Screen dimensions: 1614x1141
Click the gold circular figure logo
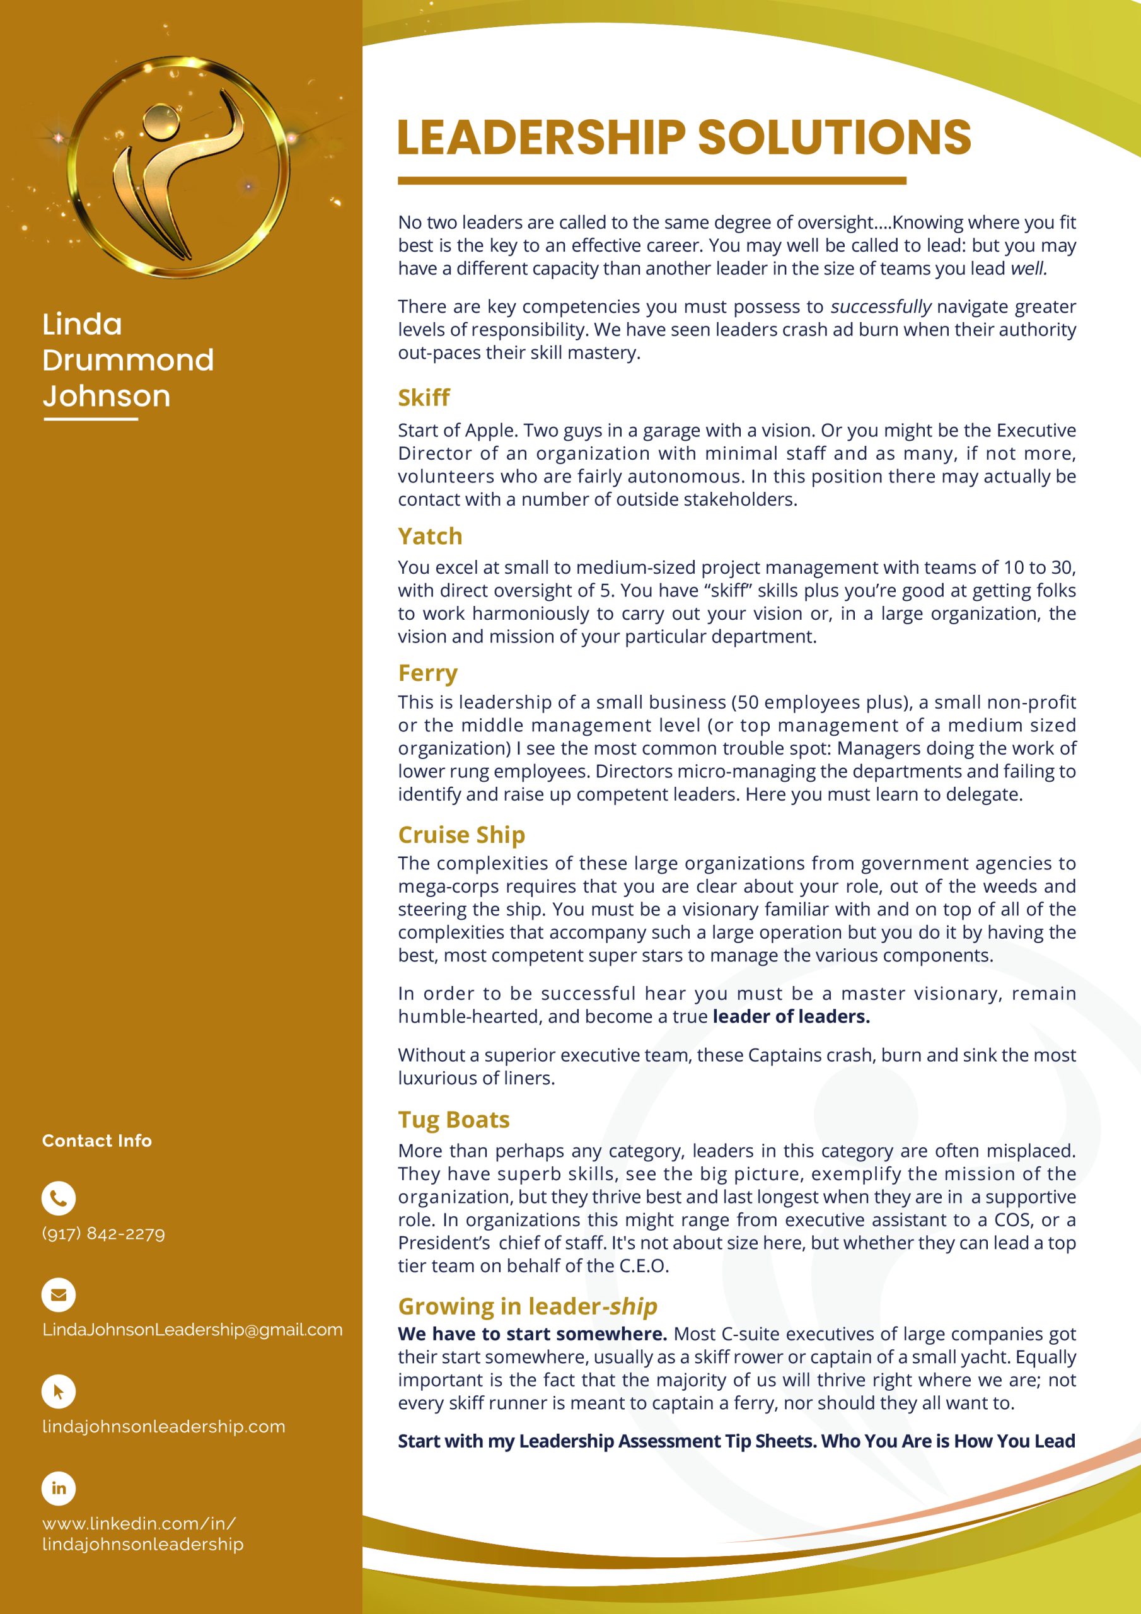click(x=178, y=167)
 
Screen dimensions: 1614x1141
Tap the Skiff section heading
click(x=423, y=398)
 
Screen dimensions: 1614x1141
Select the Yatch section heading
click(x=429, y=537)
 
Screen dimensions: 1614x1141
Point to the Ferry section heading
click(x=427, y=673)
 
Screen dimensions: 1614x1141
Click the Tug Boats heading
click(x=453, y=1119)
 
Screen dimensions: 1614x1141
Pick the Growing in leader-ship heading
click(x=527, y=1306)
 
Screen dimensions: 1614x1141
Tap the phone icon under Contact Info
click(x=59, y=1199)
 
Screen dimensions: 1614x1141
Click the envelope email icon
click(x=59, y=1295)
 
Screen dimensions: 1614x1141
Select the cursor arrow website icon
click(x=59, y=1391)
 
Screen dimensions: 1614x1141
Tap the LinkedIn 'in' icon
click(x=59, y=1488)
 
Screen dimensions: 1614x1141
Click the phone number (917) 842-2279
click(x=103, y=1234)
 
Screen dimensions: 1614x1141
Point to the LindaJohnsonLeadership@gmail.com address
click(x=192, y=1330)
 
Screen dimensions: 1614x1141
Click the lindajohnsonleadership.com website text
click(x=164, y=1426)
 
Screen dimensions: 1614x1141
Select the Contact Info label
click(x=97, y=1141)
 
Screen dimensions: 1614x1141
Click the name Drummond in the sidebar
click(x=128, y=360)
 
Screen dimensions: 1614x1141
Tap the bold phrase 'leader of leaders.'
click(x=791, y=1016)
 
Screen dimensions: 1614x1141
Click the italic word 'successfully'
click(x=881, y=306)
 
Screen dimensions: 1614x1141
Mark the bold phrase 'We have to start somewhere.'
click(x=532, y=1334)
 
